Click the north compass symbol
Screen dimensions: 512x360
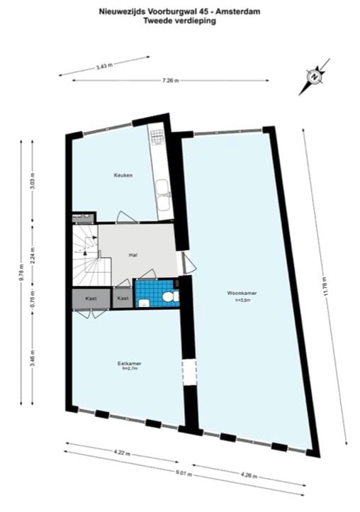coord(313,77)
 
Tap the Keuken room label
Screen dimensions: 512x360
coord(124,174)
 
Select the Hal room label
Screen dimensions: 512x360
coord(133,254)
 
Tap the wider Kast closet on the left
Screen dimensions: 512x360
coord(91,299)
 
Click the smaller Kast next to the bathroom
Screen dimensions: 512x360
coord(123,299)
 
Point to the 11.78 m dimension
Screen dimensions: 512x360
coord(328,288)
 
